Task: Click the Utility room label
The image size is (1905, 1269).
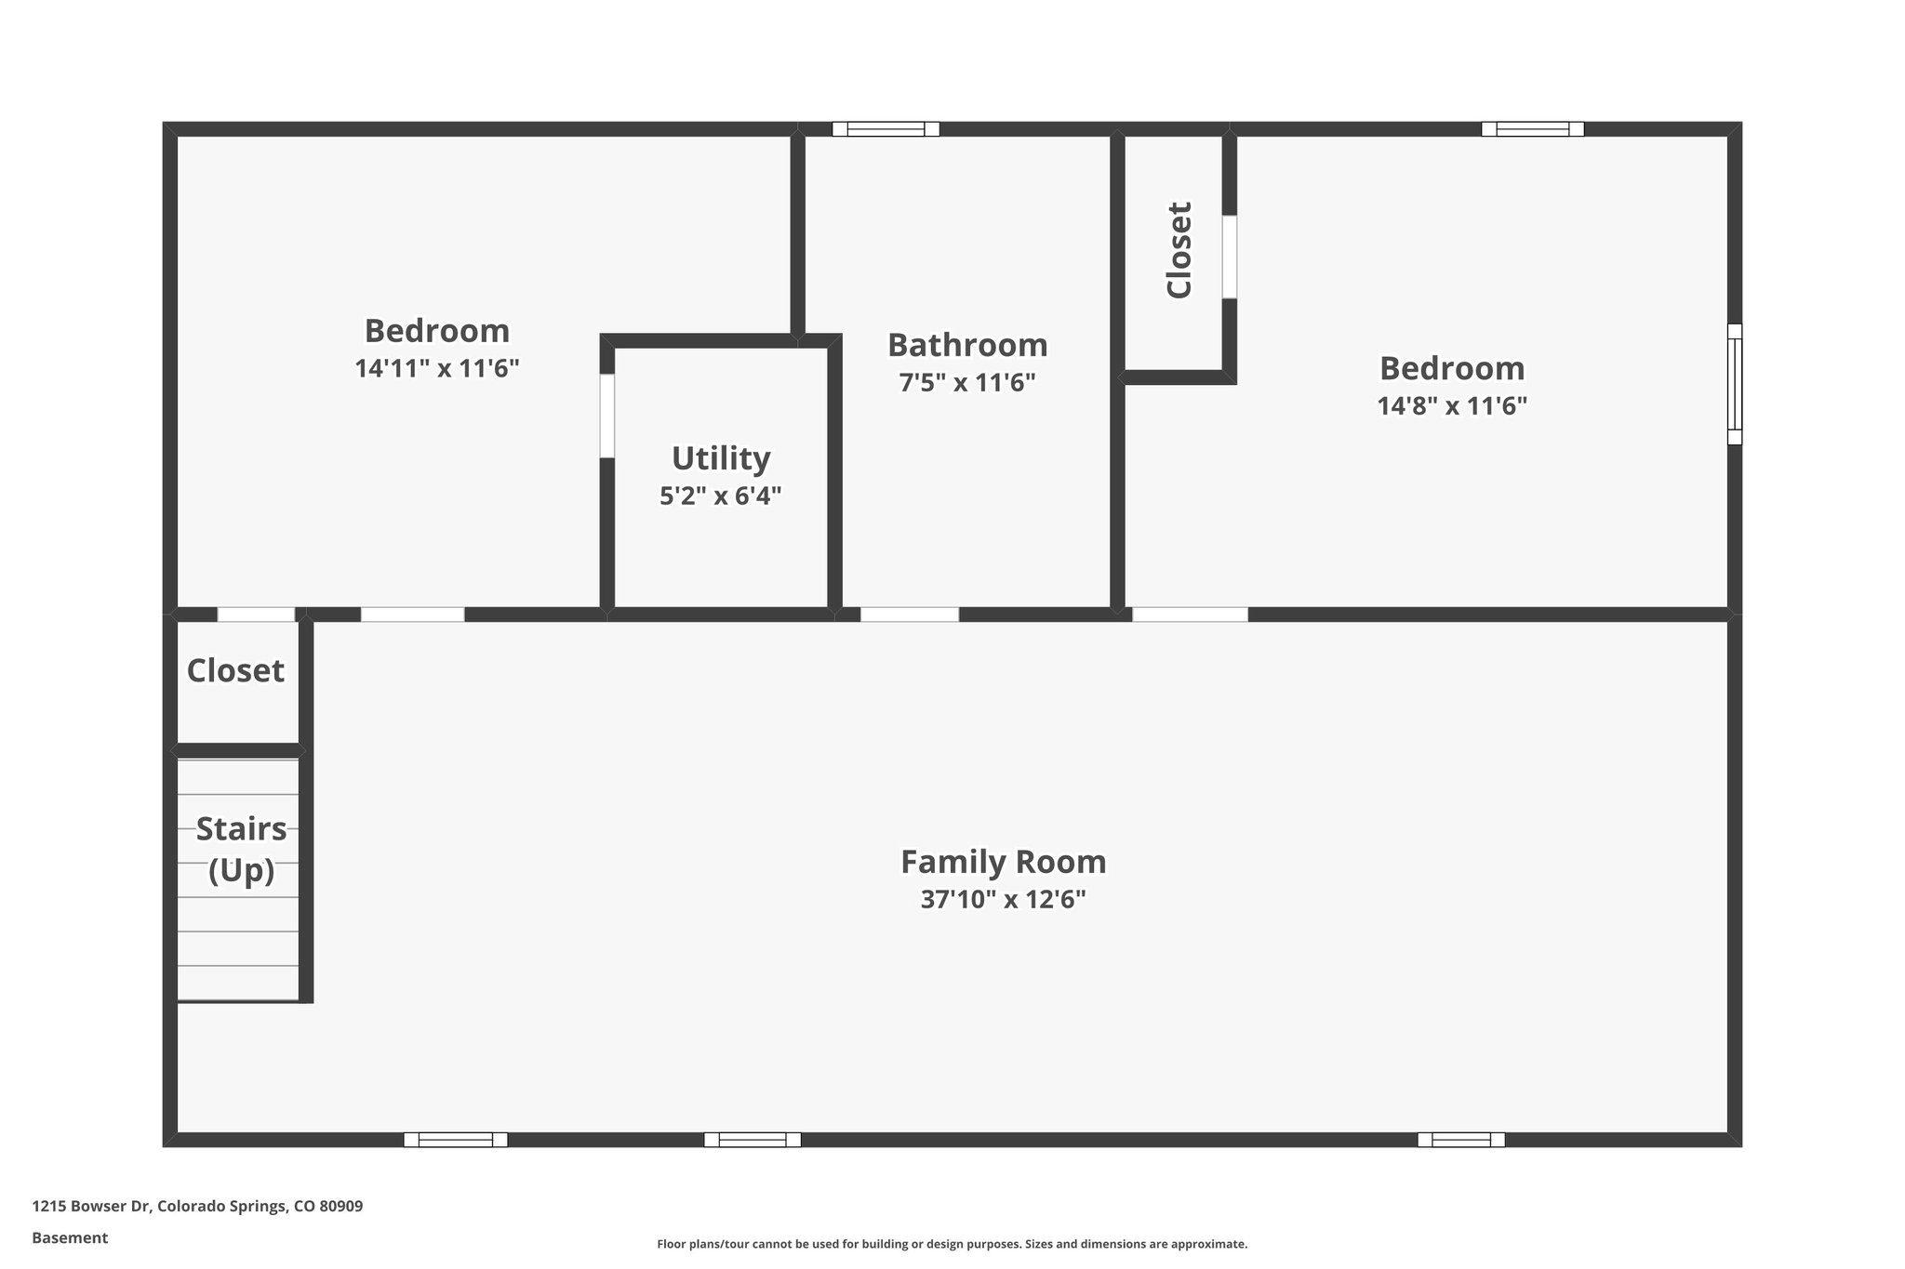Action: [x=721, y=458]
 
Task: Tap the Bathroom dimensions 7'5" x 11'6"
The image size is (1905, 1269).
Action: [x=967, y=383]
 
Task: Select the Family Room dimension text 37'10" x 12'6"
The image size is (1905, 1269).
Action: [x=1003, y=900]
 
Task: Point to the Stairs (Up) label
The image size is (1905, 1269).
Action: [x=241, y=848]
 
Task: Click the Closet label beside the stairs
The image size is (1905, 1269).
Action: [x=235, y=670]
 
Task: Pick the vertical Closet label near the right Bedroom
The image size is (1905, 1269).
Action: [x=1179, y=249]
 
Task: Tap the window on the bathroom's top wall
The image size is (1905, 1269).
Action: [x=885, y=129]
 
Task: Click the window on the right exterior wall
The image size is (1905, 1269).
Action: [x=1734, y=384]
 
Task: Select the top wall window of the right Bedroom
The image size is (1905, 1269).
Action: [x=1532, y=129]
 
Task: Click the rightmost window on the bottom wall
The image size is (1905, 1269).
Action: [x=1460, y=1140]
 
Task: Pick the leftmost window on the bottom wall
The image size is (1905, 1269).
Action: [x=455, y=1140]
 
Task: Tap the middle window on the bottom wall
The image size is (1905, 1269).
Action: [x=752, y=1140]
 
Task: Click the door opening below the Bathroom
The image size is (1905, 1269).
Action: [x=909, y=615]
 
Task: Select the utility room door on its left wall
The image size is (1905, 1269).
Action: [x=606, y=416]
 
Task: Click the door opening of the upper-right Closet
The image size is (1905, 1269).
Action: [x=1229, y=257]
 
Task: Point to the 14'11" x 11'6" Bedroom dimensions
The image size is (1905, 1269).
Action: [x=436, y=369]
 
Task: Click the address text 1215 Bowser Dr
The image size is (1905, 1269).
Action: [x=197, y=1206]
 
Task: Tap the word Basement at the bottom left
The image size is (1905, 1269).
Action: [x=70, y=1237]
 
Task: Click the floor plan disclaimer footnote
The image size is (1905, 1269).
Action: [x=952, y=1244]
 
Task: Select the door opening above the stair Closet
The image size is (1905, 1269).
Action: [x=256, y=615]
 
